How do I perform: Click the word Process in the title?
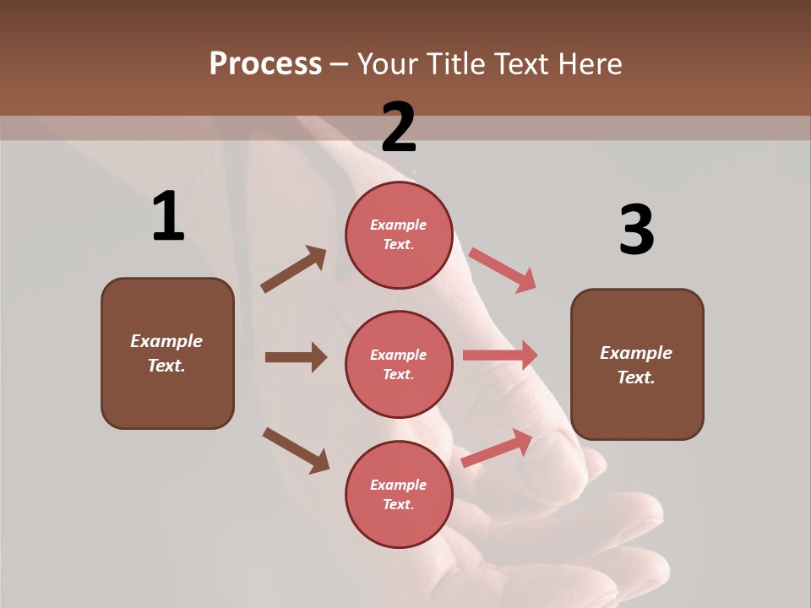tap(265, 64)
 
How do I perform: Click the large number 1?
tap(168, 217)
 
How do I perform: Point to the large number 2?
tap(399, 128)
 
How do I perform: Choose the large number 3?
tap(636, 230)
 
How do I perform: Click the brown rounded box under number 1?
tap(167, 353)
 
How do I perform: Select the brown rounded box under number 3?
tap(637, 365)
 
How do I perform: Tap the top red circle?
tap(399, 235)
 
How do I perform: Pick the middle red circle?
tap(399, 365)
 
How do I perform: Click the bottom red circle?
tap(399, 495)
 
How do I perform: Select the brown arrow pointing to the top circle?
tap(294, 269)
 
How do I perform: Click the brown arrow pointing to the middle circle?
tap(296, 357)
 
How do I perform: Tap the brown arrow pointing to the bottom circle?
tap(296, 450)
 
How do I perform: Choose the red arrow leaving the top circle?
tap(503, 270)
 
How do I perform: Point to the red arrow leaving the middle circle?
tap(500, 356)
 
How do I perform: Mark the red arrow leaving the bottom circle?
tap(497, 448)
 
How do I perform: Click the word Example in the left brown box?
tap(166, 341)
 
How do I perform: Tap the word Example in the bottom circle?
tap(398, 485)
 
